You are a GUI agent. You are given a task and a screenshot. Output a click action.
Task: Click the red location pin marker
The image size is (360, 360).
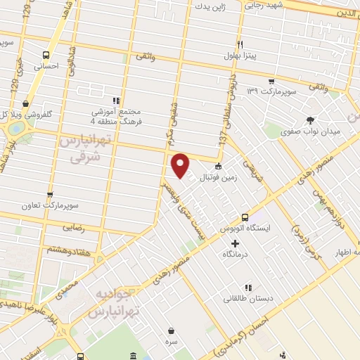tap(181, 165)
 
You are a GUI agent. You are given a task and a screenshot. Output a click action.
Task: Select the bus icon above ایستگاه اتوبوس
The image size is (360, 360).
tap(244, 217)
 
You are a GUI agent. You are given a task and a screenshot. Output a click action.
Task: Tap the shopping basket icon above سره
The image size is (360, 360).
tap(172, 330)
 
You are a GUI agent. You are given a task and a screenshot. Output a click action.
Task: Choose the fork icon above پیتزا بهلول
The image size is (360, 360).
tap(240, 43)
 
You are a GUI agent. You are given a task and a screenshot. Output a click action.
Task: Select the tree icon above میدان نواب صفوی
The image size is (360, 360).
tap(311, 120)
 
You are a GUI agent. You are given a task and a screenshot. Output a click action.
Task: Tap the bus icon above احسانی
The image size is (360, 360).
tap(46, 54)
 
